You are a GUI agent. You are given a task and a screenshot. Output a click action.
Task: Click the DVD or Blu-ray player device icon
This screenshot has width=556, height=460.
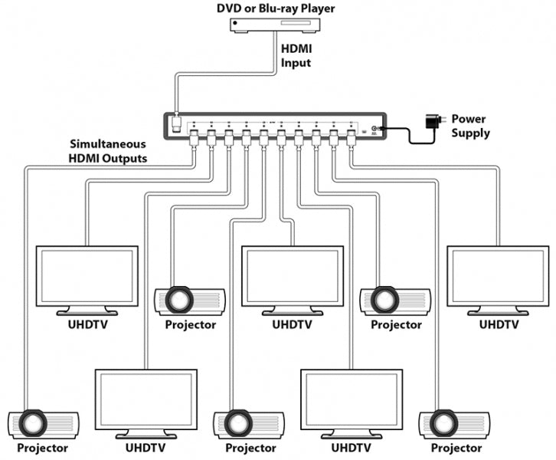point(277,25)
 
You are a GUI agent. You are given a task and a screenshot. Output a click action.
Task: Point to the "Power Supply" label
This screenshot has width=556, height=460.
point(469,126)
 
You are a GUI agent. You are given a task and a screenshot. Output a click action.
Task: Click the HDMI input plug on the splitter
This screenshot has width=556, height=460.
point(175,123)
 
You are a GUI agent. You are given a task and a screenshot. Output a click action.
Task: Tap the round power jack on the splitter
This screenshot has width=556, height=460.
point(374,130)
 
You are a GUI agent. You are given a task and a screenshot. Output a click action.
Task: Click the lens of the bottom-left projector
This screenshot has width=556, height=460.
point(33,422)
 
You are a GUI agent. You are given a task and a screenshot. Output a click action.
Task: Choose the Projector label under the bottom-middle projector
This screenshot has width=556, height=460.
point(250,448)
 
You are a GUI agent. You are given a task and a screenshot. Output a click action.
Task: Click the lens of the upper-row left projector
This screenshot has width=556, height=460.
point(178,299)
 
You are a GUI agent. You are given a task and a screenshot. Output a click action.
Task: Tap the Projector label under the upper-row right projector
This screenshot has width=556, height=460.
point(396,324)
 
